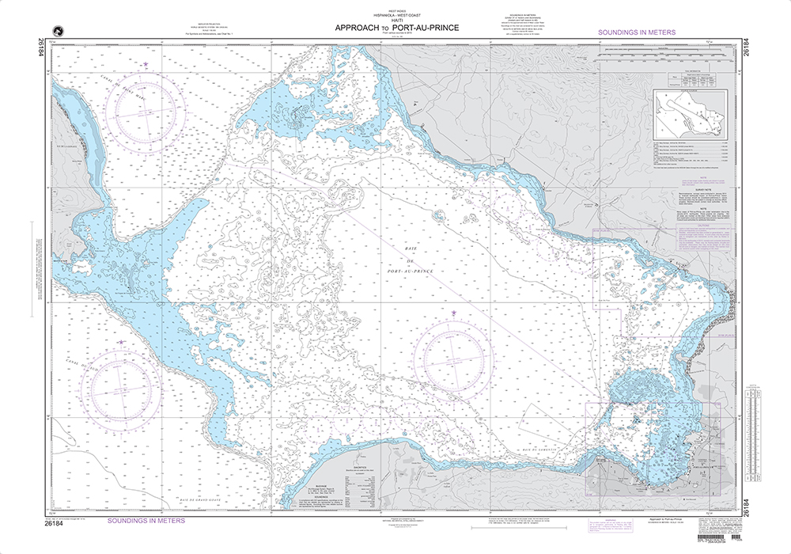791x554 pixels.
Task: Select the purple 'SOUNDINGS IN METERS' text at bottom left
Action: (x=146, y=521)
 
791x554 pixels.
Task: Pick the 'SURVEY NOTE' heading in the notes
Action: (x=687, y=190)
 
